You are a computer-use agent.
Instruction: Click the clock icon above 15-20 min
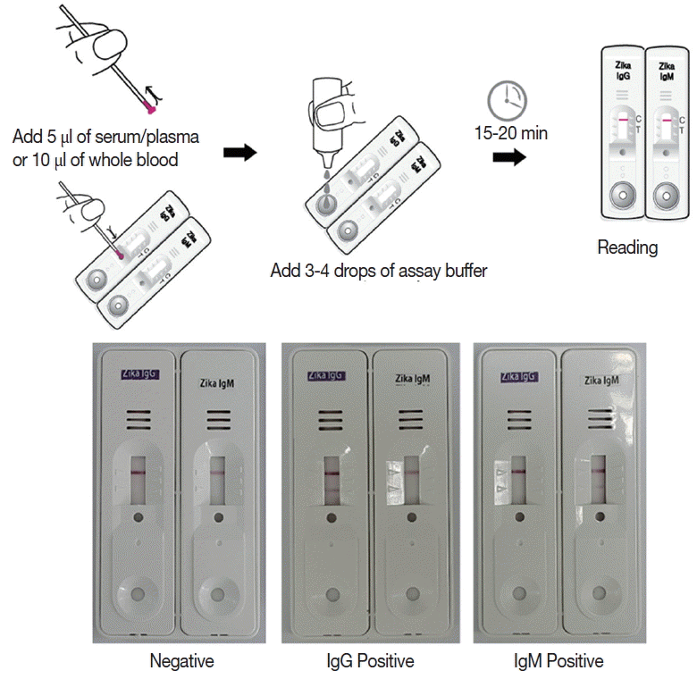coord(506,101)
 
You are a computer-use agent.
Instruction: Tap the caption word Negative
coord(181,661)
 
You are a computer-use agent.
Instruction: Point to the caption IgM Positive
coord(558,661)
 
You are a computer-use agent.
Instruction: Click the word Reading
coord(627,247)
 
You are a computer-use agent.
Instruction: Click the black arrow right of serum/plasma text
coord(239,152)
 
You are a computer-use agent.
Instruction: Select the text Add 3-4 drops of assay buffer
coord(379,270)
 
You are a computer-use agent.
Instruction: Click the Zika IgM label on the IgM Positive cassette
coord(605,381)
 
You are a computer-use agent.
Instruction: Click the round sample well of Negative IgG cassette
coord(137,594)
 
